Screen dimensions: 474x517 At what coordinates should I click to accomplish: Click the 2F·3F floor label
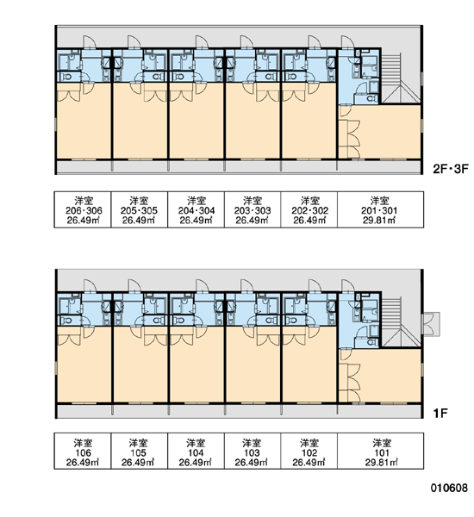click(x=451, y=169)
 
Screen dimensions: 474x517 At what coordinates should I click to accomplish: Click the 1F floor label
click(x=440, y=413)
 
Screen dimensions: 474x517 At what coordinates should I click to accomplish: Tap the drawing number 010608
click(x=449, y=488)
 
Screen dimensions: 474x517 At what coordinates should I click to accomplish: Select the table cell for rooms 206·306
click(x=83, y=209)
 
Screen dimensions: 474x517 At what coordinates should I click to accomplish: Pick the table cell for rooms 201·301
click(x=380, y=209)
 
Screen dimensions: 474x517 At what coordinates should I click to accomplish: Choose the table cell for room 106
click(x=83, y=451)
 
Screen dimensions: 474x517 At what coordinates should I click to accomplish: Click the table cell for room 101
click(x=380, y=451)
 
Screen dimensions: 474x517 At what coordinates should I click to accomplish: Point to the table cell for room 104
click(x=196, y=451)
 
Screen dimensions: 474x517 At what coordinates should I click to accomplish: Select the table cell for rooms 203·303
click(x=253, y=209)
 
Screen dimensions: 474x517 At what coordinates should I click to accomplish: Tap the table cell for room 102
click(x=309, y=451)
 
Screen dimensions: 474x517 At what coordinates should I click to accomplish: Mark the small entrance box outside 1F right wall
click(x=431, y=324)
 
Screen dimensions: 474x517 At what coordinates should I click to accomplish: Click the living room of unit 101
click(x=390, y=375)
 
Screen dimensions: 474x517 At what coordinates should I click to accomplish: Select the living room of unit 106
click(x=84, y=364)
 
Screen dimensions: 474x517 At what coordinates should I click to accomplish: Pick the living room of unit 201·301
click(x=390, y=132)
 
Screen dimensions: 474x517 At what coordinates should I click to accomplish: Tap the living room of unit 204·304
click(x=196, y=121)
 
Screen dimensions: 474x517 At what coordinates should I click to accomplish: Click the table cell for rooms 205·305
click(x=140, y=209)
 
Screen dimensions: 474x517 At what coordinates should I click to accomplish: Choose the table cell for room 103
click(x=253, y=451)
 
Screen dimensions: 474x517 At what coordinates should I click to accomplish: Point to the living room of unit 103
click(x=253, y=364)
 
